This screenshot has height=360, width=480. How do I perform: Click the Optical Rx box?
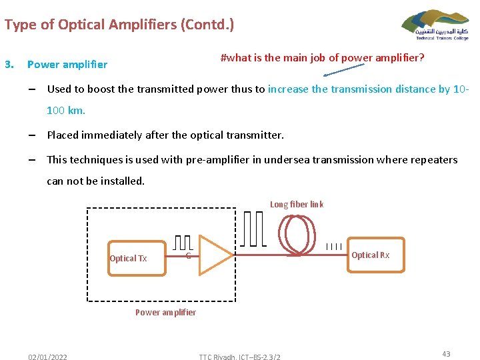tap(370, 255)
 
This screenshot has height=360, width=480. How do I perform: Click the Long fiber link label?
tap(297, 205)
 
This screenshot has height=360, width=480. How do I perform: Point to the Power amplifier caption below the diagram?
tap(165, 312)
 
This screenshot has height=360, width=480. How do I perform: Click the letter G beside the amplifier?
tap(189, 257)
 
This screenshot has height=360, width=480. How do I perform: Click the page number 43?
tap(446, 354)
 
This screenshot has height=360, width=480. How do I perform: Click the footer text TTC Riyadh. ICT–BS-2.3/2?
tap(239, 357)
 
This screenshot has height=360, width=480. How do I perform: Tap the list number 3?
tap(9, 65)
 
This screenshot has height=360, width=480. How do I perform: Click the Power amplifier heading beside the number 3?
tap(67, 65)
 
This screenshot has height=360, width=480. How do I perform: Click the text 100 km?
tap(65, 110)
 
